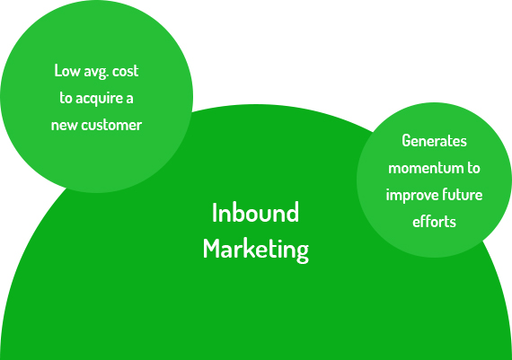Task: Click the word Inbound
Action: (255, 213)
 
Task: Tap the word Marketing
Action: (256, 250)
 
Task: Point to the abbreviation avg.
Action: (96, 72)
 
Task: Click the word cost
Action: (126, 71)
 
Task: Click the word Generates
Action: (434, 141)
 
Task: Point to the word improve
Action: (412, 196)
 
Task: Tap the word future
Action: (463, 195)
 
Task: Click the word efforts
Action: (434, 222)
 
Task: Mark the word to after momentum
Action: (473, 168)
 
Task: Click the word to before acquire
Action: (66, 98)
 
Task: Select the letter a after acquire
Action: (129, 99)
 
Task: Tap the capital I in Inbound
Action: (215, 213)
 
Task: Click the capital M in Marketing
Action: (211, 249)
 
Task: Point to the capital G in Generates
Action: (407, 141)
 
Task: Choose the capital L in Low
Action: (58, 71)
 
